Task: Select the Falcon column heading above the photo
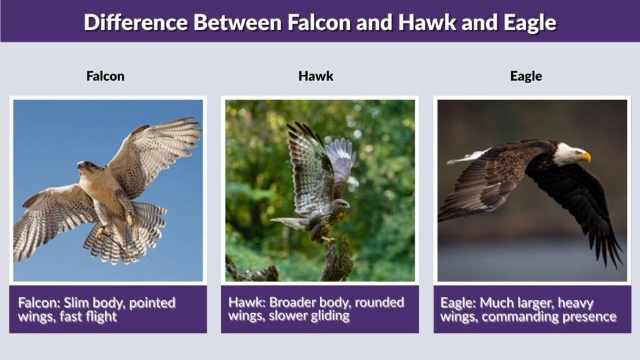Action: pos(105,76)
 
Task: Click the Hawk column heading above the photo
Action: pos(316,76)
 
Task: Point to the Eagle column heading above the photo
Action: pos(526,76)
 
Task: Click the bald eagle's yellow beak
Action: pos(584,156)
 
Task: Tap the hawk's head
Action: pos(341,204)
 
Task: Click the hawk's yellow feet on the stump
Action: pos(328,240)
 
